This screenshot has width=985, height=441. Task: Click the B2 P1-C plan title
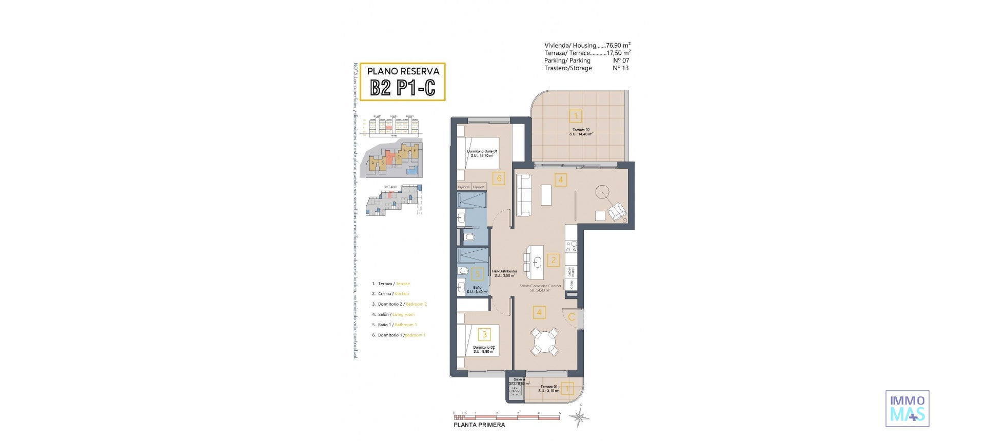pyautogui.click(x=403, y=88)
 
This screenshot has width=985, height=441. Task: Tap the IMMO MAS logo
pyautogui.click(x=907, y=408)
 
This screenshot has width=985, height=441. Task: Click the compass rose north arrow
pyautogui.click(x=580, y=416)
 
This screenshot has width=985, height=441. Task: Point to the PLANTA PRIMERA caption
pyautogui.click(x=479, y=425)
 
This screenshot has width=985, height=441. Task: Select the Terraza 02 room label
pyautogui.click(x=581, y=132)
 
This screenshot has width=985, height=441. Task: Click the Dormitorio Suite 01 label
pyautogui.click(x=482, y=153)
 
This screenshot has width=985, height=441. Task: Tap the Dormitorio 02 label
pyautogui.click(x=484, y=349)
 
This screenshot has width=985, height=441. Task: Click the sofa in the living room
pyautogui.click(x=524, y=195)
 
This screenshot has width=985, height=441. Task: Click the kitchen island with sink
pyautogui.click(x=535, y=262)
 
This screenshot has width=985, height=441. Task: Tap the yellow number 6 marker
pyautogui.click(x=499, y=178)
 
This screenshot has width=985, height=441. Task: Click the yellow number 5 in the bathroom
pyautogui.click(x=477, y=274)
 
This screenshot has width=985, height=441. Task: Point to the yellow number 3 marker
pyautogui.click(x=484, y=335)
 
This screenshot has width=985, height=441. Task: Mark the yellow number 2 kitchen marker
pyautogui.click(x=553, y=260)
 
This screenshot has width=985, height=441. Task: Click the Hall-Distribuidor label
pyautogui.click(x=504, y=273)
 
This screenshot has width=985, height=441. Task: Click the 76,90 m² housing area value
pyautogui.click(x=618, y=45)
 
